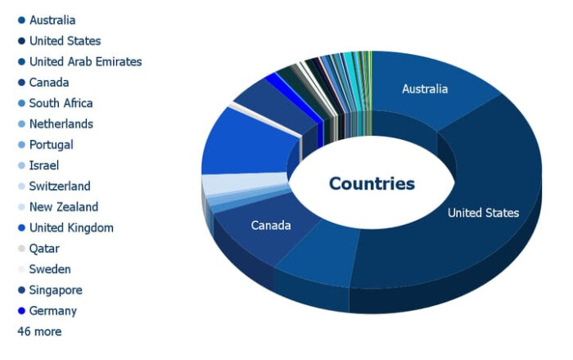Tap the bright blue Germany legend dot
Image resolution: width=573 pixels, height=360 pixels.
point(21,311)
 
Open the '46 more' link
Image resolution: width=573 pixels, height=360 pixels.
point(39,331)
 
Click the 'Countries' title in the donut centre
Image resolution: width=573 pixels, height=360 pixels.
point(372,183)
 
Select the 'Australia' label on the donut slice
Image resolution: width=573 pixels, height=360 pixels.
point(425,89)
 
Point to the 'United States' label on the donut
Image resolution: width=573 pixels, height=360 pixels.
point(483,213)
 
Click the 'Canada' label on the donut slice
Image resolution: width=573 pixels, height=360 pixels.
point(271,225)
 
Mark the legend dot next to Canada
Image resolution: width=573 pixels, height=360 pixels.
point(21,83)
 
